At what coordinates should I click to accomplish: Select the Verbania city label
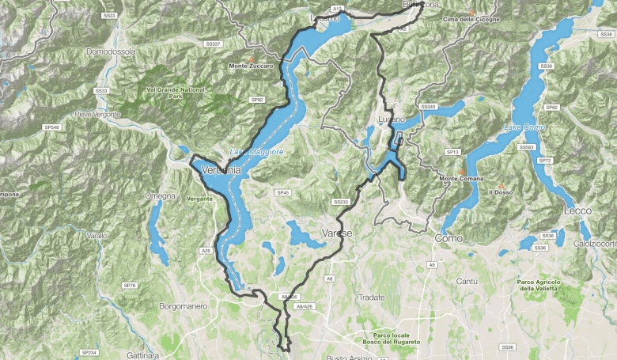[x=221, y=169]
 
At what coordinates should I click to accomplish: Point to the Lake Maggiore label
[x=256, y=151]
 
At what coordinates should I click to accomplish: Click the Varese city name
[x=337, y=233]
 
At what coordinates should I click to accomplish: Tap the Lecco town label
[x=578, y=211]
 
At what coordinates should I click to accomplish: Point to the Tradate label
[x=371, y=297]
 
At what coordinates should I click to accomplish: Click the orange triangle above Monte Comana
[x=462, y=171]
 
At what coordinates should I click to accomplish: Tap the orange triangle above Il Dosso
[x=501, y=186]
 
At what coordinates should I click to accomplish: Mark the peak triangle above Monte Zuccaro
[x=251, y=59]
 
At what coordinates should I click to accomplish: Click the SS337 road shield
[x=213, y=44]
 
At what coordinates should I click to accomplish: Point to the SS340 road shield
[x=428, y=106]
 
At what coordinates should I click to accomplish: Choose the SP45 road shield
[x=283, y=192]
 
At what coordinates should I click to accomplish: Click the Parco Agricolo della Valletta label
[x=539, y=286]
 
